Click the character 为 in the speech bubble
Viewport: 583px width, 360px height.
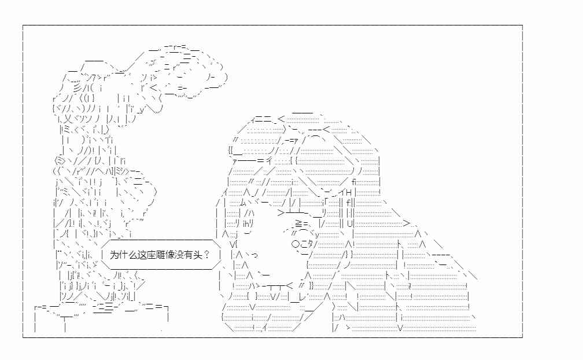(x=114, y=255)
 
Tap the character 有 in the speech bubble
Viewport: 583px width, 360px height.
(x=182, y=255)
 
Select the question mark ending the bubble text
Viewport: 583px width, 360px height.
(x=206, y=255)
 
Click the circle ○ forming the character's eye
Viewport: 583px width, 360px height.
(x=296, y=244)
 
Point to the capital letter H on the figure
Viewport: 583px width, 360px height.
(x=349, y=193)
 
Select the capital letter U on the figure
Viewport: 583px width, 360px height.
(x=349, y=224)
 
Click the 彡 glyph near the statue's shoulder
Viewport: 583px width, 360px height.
(x=77, y=89)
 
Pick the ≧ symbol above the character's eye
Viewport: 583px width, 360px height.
(x=299, y=223)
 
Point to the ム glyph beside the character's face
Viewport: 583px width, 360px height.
(x=243, y=203)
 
